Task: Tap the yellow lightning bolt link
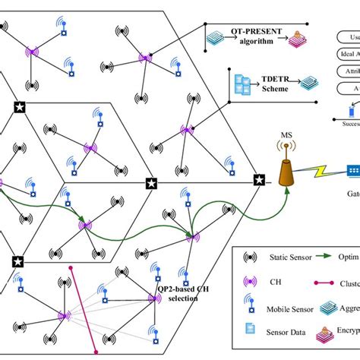coord(324,174)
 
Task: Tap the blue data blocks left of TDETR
coord(244,84)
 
